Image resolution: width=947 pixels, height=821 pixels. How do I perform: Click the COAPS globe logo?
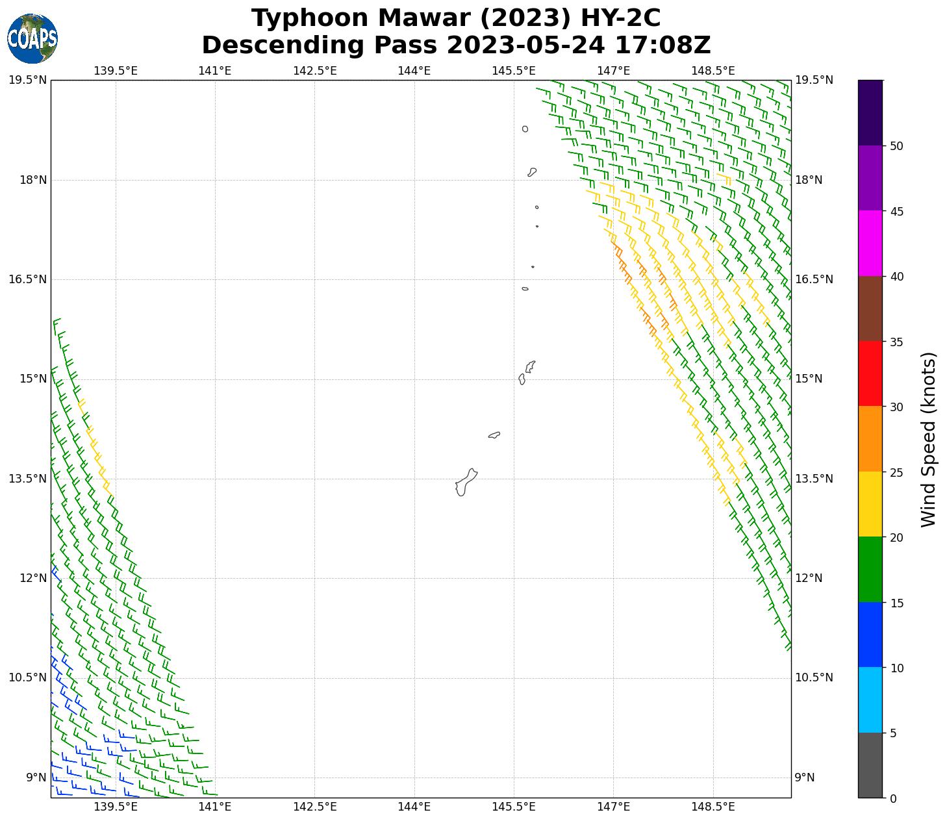point(32,38)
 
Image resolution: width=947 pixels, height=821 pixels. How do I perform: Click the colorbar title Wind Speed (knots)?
point(929,439)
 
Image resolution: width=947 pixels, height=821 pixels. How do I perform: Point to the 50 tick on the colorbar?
point(896,146)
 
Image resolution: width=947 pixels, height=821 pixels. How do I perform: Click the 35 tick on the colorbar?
point(896,342)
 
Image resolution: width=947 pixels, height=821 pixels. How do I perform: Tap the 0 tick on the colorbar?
point(893,798)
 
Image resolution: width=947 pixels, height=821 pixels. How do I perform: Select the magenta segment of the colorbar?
point(870,243)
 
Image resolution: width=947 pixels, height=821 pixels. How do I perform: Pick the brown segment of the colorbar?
point(870,309)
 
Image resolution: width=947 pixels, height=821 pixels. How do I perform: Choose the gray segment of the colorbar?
point(870,765)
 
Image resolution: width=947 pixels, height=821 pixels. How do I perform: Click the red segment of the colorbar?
point(870,373)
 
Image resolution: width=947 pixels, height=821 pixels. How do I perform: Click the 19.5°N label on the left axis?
point(28,80)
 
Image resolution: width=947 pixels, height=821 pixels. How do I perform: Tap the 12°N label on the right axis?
point(809,578)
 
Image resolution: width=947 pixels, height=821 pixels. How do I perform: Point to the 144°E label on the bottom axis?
point(414,807)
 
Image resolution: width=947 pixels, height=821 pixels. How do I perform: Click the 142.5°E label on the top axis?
point(314,70)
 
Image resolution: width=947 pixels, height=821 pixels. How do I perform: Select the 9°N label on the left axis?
point(36,777)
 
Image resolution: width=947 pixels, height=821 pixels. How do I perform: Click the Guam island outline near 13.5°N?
point(466,482)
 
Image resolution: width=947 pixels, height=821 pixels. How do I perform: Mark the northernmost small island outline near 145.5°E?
point(525,129)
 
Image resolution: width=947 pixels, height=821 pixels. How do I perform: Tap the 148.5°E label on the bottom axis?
point(713,807)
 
